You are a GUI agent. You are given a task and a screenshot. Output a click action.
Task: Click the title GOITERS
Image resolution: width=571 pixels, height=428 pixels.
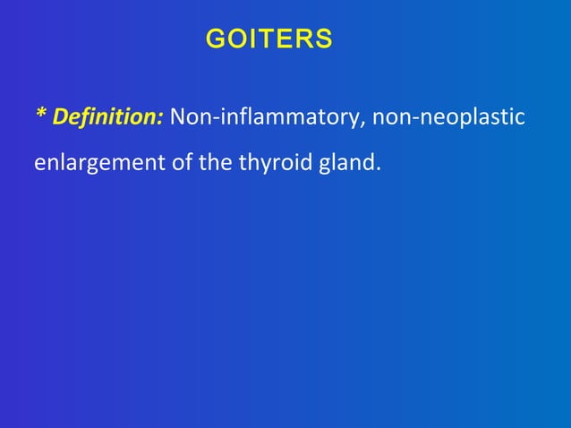tap(268, 39)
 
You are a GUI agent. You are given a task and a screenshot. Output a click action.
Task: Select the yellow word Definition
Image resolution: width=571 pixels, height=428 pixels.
tap(107, 117)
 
